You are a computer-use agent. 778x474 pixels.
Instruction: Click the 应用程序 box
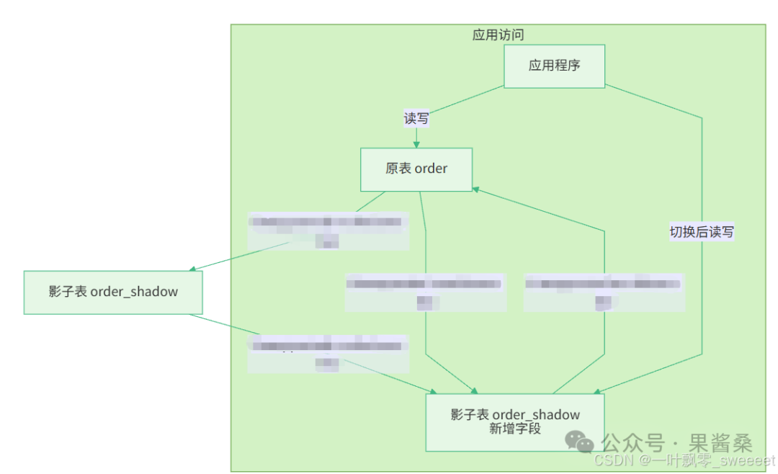(x=554, y=66)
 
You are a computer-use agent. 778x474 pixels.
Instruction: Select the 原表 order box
(x=416, y=169)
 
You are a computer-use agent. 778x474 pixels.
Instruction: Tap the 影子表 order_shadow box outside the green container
(x=113, y=292)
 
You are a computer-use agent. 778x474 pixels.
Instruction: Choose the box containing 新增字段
(x=514, y=421)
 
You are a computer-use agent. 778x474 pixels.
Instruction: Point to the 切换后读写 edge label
(x=702, y=232)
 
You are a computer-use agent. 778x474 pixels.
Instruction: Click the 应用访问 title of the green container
(x=498, y=35)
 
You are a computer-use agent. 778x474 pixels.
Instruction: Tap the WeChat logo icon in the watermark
(x=578, y=441)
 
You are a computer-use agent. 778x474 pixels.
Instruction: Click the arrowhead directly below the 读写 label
(x=416, y=144)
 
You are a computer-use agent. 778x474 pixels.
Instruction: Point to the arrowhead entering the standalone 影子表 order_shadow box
(x=193, y=269)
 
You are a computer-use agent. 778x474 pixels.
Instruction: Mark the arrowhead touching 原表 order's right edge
(x=476, y=189)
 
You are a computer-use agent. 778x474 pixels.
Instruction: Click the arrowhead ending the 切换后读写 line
(x=596, y=392)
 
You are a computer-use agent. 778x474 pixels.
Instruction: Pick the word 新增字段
(x=514, y=429)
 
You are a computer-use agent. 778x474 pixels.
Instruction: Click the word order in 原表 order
(x=431, y=169)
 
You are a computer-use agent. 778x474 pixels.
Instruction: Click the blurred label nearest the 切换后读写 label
(x=604, y=292)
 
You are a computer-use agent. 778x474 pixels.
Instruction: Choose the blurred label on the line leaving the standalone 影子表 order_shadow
(x=328, y=353)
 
